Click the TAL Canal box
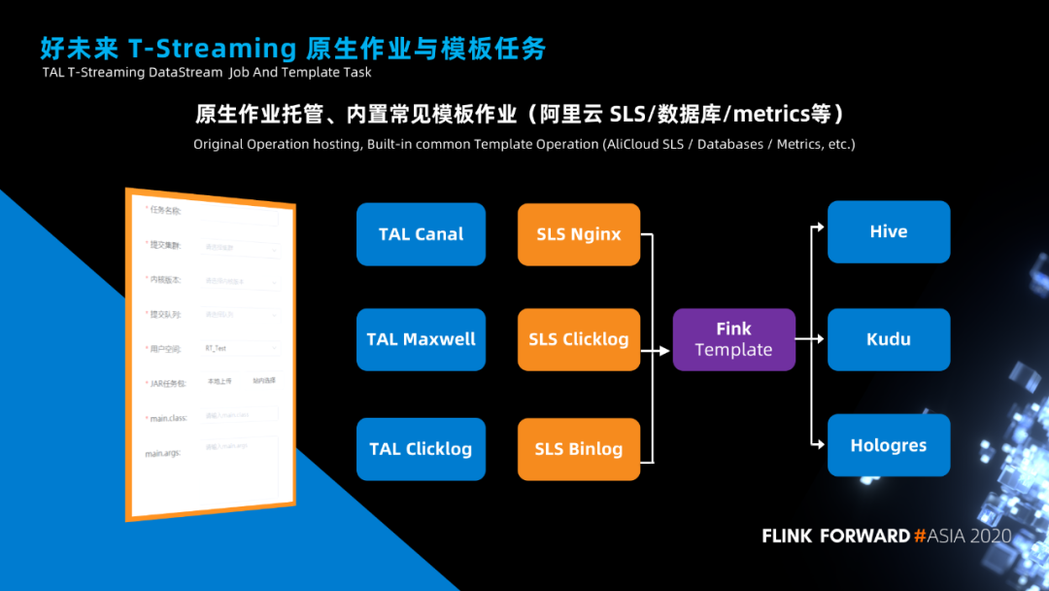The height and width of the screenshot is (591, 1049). click(421, 234)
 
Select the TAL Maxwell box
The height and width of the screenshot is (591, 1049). click(421, 339)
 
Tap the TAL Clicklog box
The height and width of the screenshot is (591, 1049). click(421, 449)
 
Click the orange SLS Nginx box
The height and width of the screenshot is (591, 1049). click(579, 234)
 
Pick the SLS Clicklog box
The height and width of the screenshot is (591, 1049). click(579, 339)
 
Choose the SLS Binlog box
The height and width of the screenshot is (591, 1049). click(579, 449)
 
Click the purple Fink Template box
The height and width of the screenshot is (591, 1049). click(733, 339)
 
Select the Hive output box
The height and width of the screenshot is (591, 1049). click(889, 231)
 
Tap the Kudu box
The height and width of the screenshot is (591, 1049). click(889, 339)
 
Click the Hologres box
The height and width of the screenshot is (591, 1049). click(889, 445)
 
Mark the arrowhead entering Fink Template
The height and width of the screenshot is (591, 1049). click(667, 339)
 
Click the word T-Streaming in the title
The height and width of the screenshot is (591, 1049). click(212, 48)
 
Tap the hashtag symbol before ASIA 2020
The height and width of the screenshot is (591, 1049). click(919, 536)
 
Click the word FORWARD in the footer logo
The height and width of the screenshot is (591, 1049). click(864, 536)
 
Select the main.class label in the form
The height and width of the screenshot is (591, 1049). click(165, 419)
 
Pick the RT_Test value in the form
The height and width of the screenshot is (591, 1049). click(216, 348)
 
